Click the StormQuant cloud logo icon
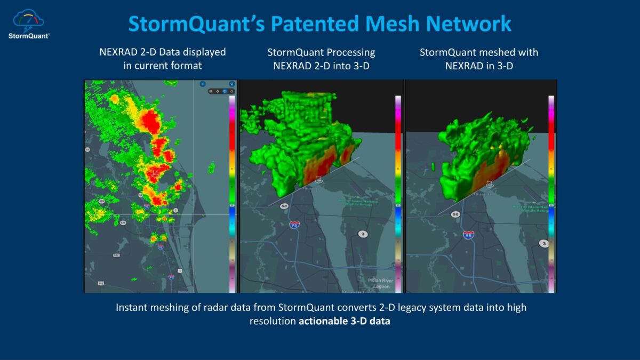click(x=28, y=20)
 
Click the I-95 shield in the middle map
click(x=294, y=225)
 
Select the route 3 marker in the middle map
click(x=363, y=234)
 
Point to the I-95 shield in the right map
click(x=469, y=235)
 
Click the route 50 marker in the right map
click(x=455, y=214)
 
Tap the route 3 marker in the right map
click(x=543, y=243)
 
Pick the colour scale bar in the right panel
click(x=551, y=195)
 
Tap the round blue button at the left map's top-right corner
click(x=231, y=84)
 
